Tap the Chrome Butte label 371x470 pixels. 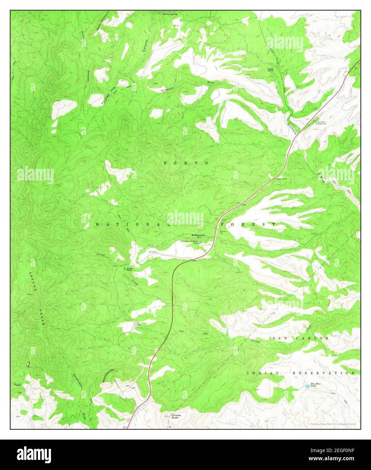[176, 416]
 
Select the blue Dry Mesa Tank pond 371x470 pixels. [308, 385]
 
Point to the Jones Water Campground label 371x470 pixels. [320, 123]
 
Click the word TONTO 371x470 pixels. [186, 163]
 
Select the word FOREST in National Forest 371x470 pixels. [248, 224]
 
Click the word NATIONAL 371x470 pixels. [127, 225]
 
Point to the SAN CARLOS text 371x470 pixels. [300, 338]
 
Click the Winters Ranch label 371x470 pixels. [130, 269]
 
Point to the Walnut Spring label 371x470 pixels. [170, 15]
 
